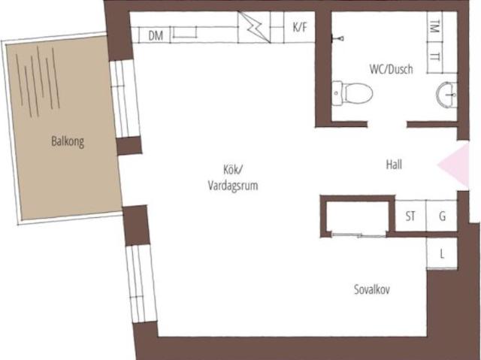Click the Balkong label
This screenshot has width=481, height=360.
[x=68, y=141]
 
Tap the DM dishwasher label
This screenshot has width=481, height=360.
[x=156, y=36]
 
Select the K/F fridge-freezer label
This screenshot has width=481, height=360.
[x=300, y=27]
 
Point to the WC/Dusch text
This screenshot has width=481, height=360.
[x=391, y=69]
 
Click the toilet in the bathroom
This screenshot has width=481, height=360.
[x=352, y=93]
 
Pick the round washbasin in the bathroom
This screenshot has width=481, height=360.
[x=446, y=95]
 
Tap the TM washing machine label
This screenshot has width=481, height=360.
[x=434, y=26]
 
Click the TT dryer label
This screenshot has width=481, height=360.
[x=434, y=56]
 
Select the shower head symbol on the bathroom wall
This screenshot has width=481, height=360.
[x=338, y=38]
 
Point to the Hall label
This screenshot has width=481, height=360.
[x=394, y=165]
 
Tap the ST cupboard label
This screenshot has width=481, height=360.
[x=410, y=216]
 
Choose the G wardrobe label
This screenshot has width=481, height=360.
[x=442, y=216]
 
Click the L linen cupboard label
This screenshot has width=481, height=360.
[x=442, y=254]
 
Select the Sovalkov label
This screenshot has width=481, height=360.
[x=372, y=289]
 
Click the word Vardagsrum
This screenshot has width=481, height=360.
[x=233, y=186]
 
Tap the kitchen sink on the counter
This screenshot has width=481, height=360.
[x=184, y=32]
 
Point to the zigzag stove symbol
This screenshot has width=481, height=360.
[x=254, y=27]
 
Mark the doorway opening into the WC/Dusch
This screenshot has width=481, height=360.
[x=387, y=124]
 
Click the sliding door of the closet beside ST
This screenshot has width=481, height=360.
[x=358, y=235]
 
